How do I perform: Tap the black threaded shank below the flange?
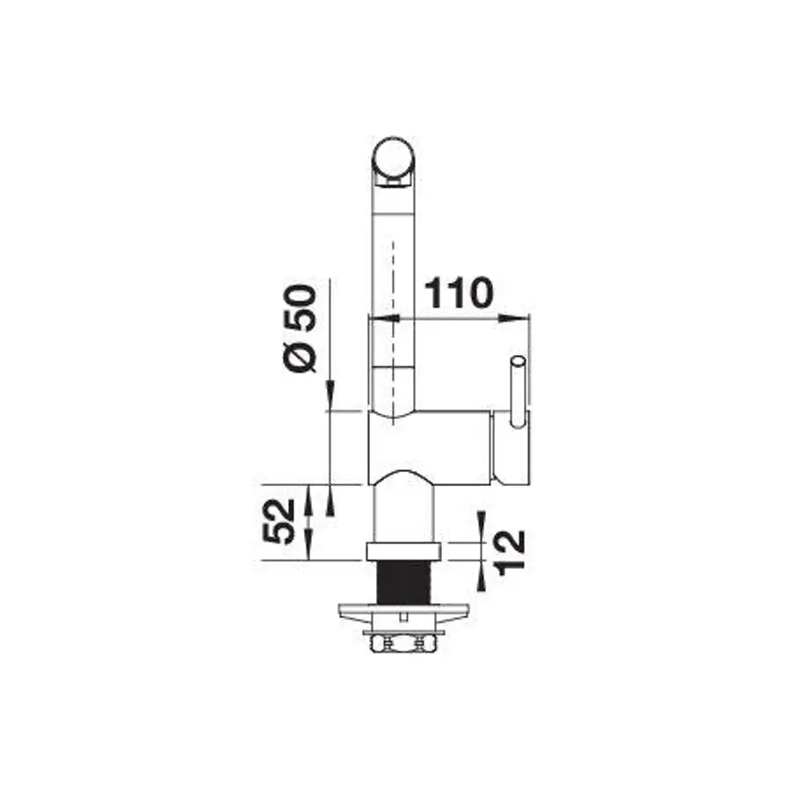403,582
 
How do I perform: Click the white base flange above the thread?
403,552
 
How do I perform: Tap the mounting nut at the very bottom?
403,646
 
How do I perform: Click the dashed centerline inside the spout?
392,264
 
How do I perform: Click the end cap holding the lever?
510,448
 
